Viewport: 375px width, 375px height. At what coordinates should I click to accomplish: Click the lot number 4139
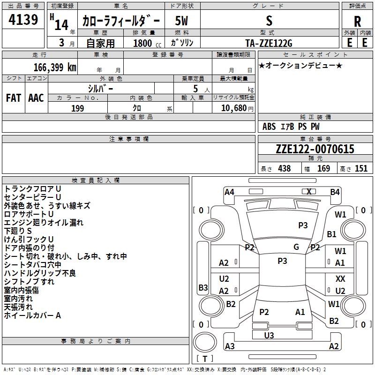coord(23,20)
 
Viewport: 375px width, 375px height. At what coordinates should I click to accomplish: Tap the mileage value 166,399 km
coord(55,67)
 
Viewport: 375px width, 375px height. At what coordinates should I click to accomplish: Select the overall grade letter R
coord(357,22)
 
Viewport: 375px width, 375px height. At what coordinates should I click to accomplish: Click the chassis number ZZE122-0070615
coord(315,149)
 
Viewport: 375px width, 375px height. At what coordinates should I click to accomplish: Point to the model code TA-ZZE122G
coord(269,43)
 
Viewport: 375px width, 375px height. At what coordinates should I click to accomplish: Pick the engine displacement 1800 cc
coord(147,43)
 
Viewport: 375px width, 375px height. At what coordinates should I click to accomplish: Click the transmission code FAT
coord(14,98)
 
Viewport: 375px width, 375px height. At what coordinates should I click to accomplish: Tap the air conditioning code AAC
coord(36,98)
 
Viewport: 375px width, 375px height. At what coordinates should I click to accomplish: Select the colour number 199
coord(77,108)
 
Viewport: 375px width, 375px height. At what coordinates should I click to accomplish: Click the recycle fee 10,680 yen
coord(237,108)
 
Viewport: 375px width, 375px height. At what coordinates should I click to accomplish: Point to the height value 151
coord(361,168)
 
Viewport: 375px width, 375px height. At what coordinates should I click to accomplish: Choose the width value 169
coord(323,168)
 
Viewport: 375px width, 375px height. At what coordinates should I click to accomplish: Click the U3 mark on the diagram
coord(269,336)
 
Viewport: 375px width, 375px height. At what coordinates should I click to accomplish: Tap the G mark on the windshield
coord(296,247)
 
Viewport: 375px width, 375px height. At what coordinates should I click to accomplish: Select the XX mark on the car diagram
coord(340,278)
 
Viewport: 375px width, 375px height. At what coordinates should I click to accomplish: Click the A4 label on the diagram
coord(229,192)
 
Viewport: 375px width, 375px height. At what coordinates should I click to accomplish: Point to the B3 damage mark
coord(203,287)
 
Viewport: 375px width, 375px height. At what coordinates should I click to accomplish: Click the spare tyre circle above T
coord(205,342)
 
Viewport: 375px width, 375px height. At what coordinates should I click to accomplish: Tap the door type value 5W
coord(181,21)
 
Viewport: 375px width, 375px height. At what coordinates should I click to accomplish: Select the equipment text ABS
coord(269,127)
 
